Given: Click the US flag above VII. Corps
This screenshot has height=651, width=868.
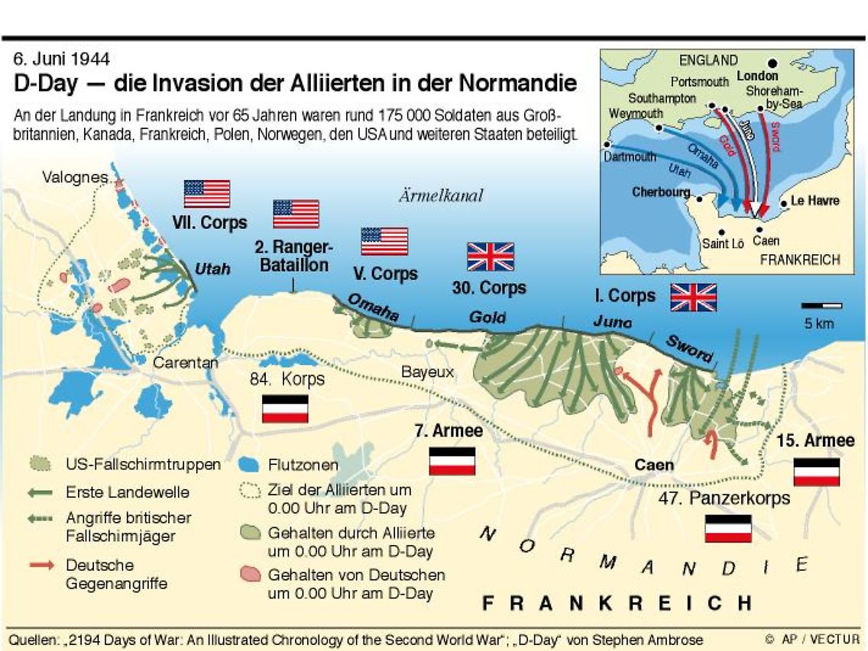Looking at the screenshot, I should (206, 194).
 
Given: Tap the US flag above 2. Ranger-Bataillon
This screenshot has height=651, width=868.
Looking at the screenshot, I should (296, 214).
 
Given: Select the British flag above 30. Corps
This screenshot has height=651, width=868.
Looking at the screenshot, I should (491, 257).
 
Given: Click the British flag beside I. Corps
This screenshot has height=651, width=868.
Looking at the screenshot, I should (693, 297).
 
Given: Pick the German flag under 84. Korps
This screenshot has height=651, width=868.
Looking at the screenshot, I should (285, 409).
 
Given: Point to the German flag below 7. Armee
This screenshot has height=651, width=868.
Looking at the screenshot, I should (452, 461).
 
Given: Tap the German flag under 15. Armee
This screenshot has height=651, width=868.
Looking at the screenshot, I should (817, 472).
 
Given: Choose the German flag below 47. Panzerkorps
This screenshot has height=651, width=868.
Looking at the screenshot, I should (727, 528).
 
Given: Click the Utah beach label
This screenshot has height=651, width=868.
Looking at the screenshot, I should (212, 269).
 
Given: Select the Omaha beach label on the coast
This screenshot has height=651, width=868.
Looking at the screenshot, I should (374, 307).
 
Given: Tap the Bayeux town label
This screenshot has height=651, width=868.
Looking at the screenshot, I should (429, 372).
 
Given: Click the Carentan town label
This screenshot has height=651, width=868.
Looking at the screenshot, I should (186, 363).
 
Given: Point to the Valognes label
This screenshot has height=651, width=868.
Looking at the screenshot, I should (75, 177).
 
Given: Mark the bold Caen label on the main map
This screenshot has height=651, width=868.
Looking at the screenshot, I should (655, 465).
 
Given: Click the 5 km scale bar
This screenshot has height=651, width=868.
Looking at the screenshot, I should (821, 306).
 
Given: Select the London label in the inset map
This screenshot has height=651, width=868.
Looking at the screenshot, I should (757, 76).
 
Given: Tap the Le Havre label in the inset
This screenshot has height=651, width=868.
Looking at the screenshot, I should (815, 201).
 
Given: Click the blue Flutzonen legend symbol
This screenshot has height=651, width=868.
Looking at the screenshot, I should (247, 463).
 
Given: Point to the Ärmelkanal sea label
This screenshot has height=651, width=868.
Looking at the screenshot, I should (441, 196).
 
